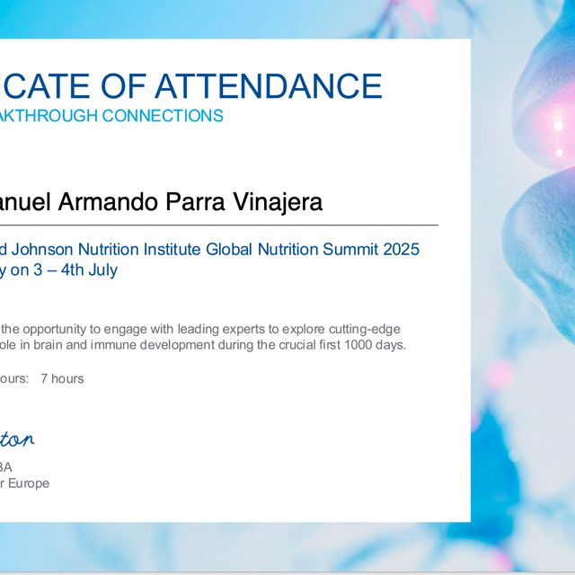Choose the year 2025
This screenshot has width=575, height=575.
pos(401,249)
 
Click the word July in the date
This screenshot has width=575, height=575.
pos(102,270)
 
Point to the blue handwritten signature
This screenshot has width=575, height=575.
pos(18,439)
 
